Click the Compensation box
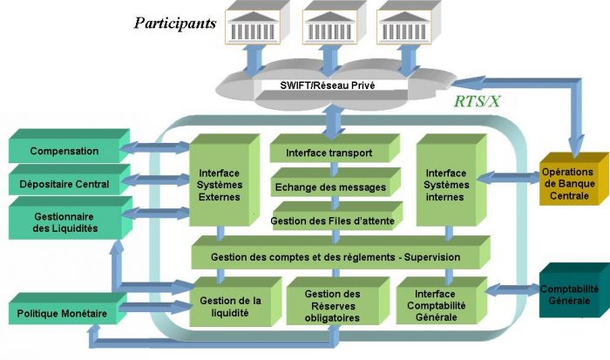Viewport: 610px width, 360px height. pyautogui.click(x=65, y=152)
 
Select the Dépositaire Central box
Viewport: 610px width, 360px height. pyautogui.click(x=65, y=185)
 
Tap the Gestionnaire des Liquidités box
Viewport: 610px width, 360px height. pyautogui.click(x=65, y=221)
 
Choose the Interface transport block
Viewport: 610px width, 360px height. pyautogui.click(x=329, y=153)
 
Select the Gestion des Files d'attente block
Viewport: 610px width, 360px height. pyautogui.click(x=331, y=221)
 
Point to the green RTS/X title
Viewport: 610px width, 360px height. pyautogui.click(x=478, y=102)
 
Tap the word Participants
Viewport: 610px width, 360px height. pyautogui.click(x=174, y=23)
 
